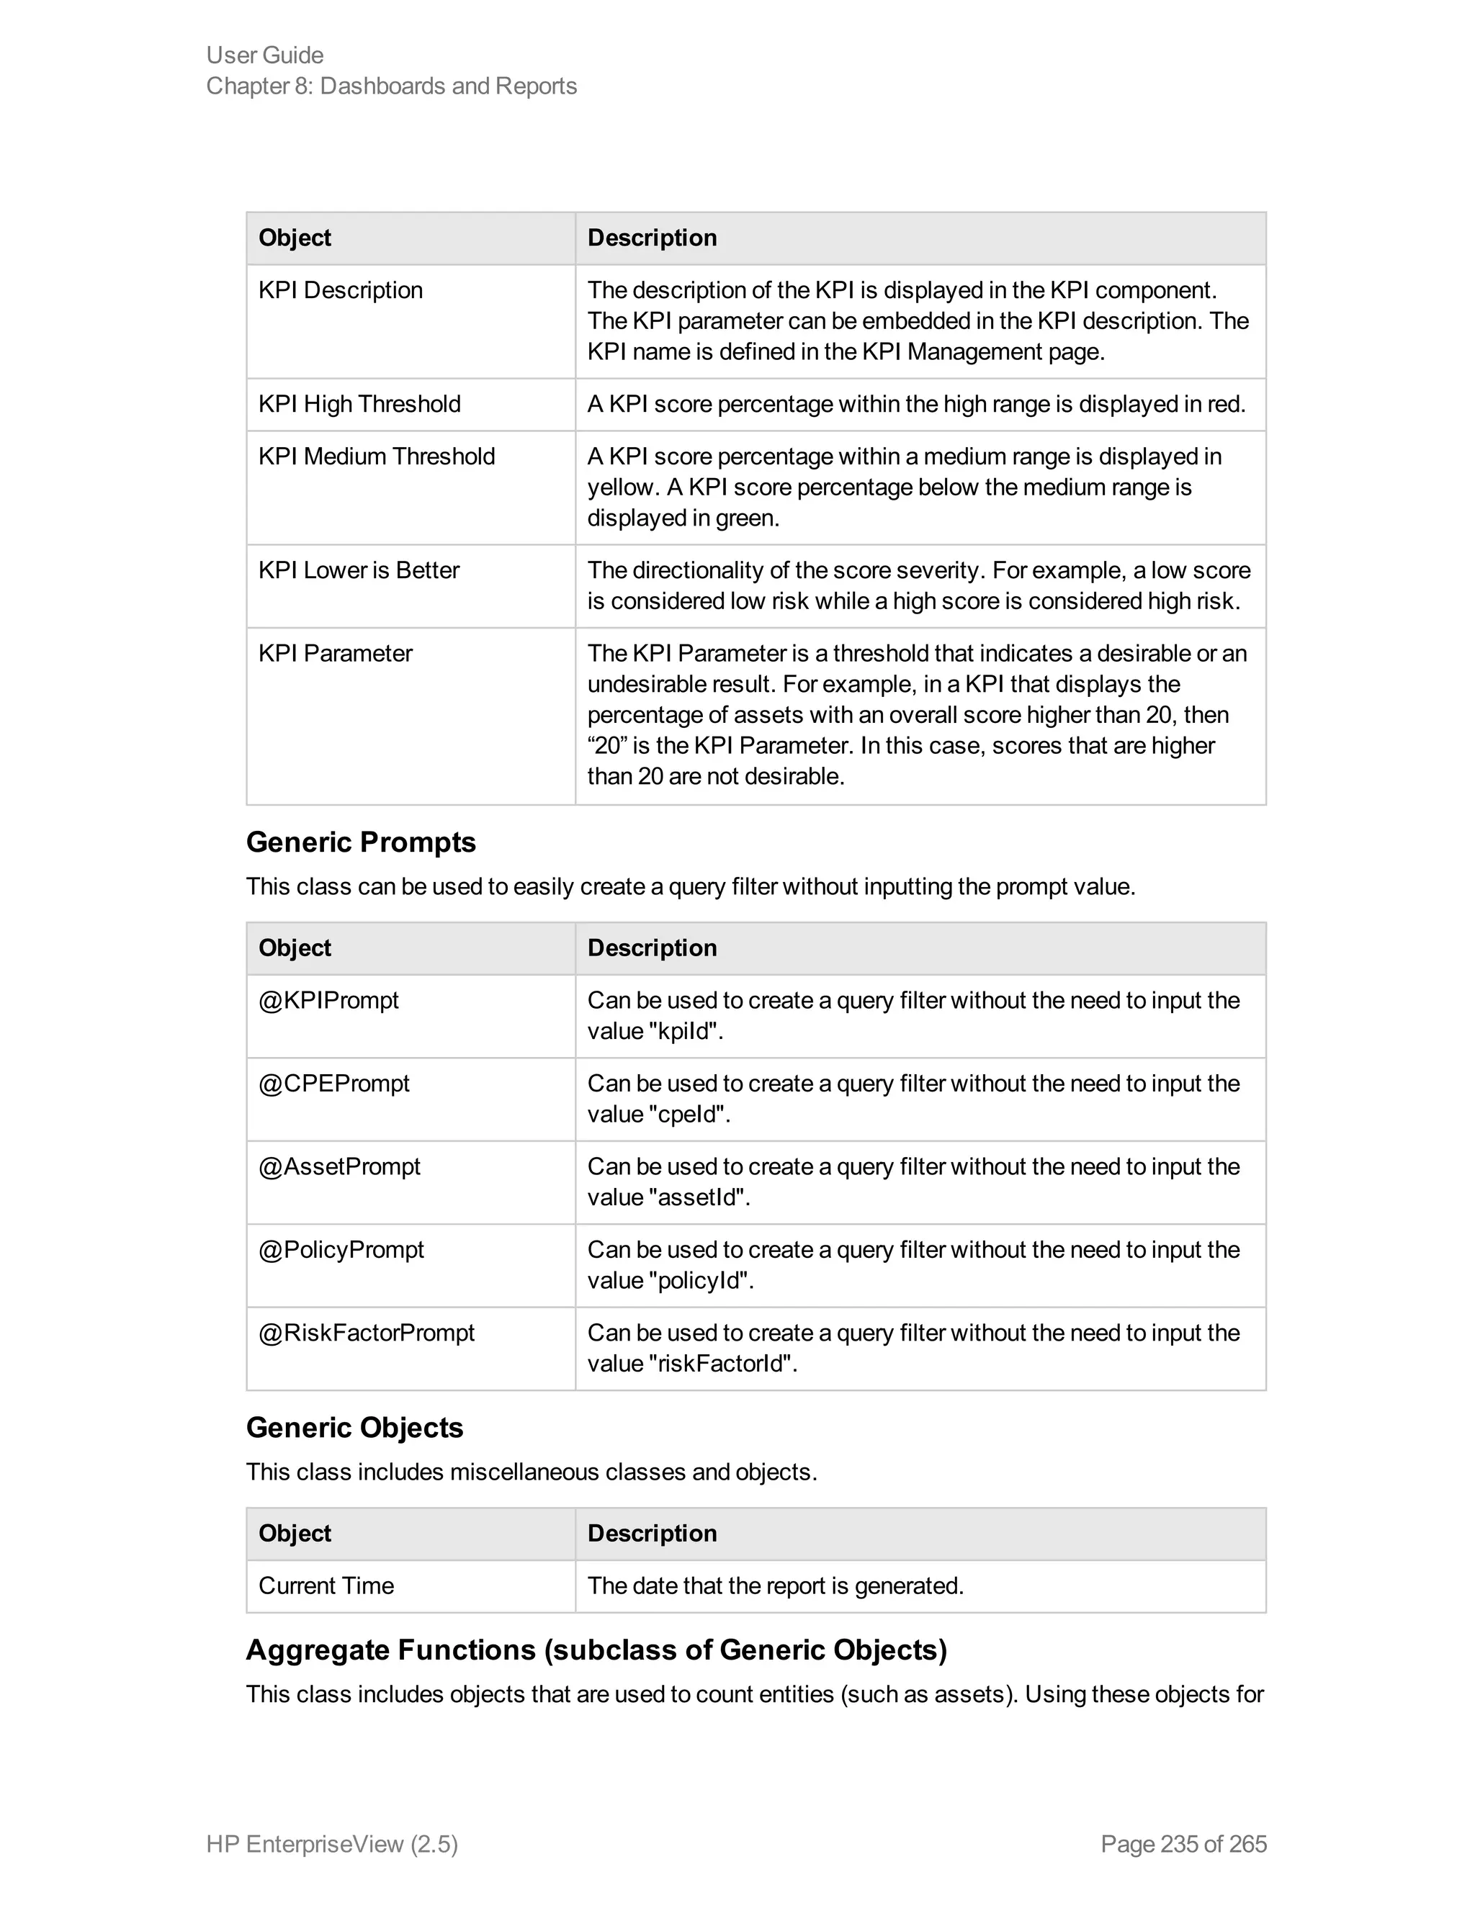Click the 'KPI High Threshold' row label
tap(359, 405)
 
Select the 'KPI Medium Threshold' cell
tap(377, 457)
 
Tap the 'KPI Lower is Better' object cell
tap(358, 570)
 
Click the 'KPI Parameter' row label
tap(335, 654)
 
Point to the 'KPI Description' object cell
tap(340, 290)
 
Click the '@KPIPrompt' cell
tap(328, 1000)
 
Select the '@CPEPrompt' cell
tap(333, 1084)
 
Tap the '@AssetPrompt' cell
tap(339, 1166)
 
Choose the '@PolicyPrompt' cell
tap(341, 1249)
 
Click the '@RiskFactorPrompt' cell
tap(366, 1332)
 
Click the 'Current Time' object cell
tap(326, 1585)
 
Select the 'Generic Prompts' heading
tap(361, 842)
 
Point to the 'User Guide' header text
tap(265, 55)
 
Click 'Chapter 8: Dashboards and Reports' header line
tap(392, 86)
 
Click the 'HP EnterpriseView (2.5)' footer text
tap(332, 1843)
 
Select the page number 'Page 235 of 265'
tap(1183, 1843)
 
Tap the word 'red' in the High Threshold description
tap(1225, 405)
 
